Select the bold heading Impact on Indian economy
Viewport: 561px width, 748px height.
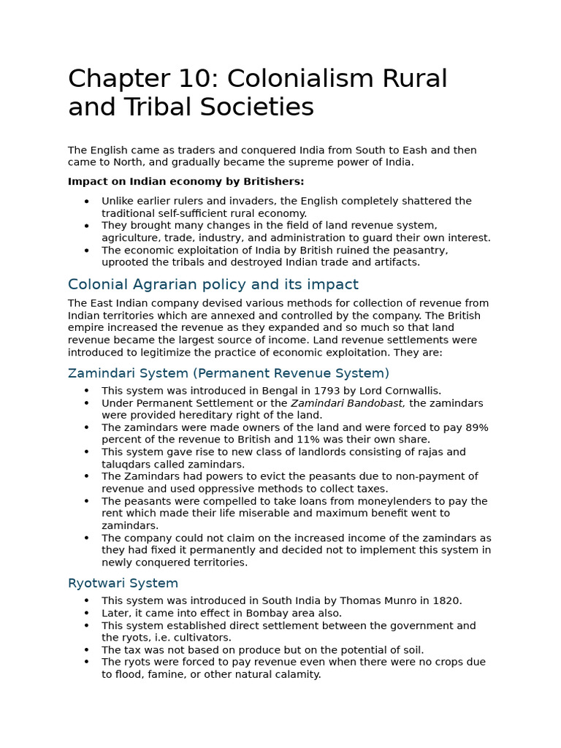[186, 181]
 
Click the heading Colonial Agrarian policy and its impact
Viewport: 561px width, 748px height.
[213, 284]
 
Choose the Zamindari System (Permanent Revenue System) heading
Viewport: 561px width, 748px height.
[229, 373]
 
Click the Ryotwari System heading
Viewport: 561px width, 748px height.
[123, 583]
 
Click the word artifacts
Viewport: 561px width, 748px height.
[397, 262]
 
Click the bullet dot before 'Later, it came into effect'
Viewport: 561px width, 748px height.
[87, 614]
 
